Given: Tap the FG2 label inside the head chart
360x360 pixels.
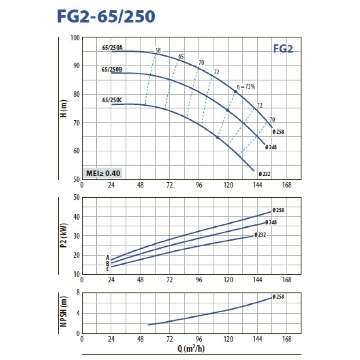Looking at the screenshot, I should pyautogui.click(x=283, y=49).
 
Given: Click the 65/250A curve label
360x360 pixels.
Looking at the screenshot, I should pyautogui.click(x=112, y=47).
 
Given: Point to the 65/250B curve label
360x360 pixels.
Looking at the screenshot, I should pyautogui.click(x=112, y=69).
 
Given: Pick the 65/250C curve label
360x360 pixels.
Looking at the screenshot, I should pyautogui.click(x=112, y=100).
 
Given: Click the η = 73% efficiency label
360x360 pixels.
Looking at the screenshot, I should pyautogui.click(x=246, y=86).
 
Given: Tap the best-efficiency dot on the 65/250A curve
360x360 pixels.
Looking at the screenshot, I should pyautogui.click(x=235, y=91).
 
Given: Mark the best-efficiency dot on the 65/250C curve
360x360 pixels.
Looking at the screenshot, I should pyautogui.click(x=217, y=137).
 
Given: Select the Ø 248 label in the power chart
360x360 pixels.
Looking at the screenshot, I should pyautogui.click(x=270, y=222).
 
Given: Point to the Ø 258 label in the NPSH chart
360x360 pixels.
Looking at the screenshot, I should pyautogui.click(x=279, y=297).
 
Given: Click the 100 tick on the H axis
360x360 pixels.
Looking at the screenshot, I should pyautogui.click(x=75, y=37).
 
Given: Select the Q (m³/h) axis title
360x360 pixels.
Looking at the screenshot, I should pyautogui.click(x=191, y=349).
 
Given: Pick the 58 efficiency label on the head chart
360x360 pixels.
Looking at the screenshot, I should pyautogui.click(x=157, y=50).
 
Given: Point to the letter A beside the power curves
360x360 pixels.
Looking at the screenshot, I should pyautogui.click(x=108, y=258).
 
